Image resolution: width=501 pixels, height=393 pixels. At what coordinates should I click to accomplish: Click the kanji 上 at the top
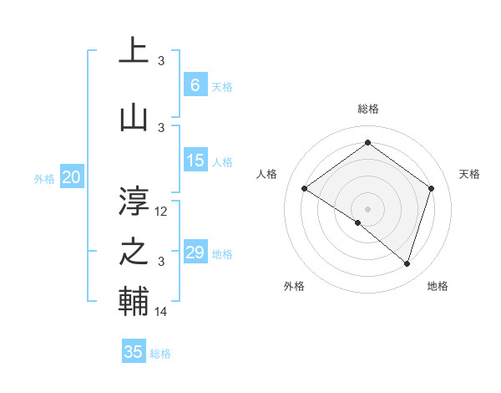click(134, 50)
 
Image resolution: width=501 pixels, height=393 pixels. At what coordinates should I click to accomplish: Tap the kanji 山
click(134, 117)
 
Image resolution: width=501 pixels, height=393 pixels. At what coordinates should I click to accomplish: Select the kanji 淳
click(134, 201)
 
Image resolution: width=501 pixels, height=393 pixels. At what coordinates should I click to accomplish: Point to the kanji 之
click(134, 252)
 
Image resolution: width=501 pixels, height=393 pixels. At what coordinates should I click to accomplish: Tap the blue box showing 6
click(195, 85)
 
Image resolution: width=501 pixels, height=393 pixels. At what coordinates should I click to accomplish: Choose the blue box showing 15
click(195, 161)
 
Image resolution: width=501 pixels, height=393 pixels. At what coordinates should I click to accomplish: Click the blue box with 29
click(195, 253)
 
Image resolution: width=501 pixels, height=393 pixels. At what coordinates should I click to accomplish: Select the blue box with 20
click(72, 177)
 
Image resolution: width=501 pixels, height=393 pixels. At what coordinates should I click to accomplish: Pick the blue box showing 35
click(134, 352)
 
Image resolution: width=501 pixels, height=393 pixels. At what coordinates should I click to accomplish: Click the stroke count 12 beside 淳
click(162, 212)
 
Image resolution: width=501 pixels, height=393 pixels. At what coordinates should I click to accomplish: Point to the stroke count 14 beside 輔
click(162, 312)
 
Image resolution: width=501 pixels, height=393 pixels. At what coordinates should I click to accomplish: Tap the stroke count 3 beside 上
click(161, 61)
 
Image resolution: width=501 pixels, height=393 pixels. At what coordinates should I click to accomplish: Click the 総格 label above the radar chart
click(367, 109)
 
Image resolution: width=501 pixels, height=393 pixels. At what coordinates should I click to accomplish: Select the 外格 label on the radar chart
click(294, 286)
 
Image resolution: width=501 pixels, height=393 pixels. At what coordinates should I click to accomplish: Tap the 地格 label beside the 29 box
click(223, 254)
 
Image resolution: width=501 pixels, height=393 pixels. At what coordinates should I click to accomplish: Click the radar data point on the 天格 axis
click(431, 188)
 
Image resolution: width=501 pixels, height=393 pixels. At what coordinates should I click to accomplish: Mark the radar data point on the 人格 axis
click(305, 189)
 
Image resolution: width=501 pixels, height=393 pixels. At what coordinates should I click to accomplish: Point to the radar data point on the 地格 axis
click(407, 263)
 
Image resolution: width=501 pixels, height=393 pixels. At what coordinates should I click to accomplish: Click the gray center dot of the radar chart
click(367, 208)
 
